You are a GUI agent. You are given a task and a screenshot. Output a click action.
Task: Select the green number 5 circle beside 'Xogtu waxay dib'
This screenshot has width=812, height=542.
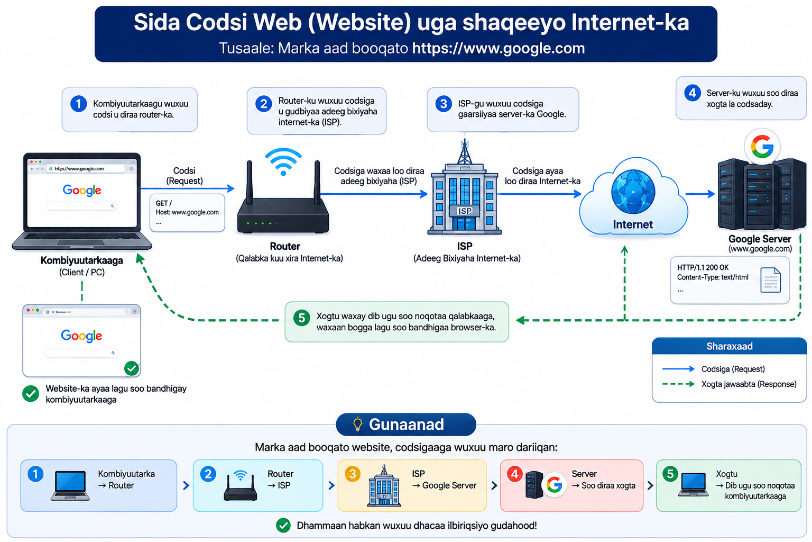tap(301, 318)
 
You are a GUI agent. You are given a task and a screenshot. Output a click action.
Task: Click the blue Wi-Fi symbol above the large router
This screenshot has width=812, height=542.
tap(283, 161)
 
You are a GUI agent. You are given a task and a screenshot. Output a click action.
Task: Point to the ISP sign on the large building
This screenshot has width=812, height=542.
tap(464, 211)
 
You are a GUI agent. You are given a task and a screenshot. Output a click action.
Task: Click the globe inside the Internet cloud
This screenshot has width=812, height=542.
tap(633, 192)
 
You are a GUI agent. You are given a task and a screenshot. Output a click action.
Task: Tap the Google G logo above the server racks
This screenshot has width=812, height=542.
tap(762, 147)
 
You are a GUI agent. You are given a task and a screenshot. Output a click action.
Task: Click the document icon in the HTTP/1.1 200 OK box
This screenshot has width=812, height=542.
tap(770, 279)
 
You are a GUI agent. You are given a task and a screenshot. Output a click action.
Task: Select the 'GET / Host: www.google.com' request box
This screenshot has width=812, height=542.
tap(187, 213)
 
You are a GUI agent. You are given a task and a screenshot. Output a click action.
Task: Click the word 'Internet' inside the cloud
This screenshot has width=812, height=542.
tap(633, 224)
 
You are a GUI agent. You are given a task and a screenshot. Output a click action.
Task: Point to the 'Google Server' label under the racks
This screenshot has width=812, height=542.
tap(760, 239)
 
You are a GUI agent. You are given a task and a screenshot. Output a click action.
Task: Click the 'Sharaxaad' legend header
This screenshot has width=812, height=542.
tap(729, 346)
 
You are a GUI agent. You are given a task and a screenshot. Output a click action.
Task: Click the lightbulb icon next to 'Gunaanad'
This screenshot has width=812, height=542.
tap(357, 424)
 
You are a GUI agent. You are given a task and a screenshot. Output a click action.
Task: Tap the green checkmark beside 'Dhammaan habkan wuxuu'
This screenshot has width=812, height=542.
tap(283, 525)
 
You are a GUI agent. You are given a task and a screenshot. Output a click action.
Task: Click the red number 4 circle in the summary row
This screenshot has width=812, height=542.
tap(515, 474)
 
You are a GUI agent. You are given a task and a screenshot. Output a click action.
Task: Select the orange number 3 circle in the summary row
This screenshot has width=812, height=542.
tap(353, 474)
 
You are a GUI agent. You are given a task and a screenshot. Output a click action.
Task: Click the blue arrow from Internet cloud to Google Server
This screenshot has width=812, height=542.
tap(699, 194)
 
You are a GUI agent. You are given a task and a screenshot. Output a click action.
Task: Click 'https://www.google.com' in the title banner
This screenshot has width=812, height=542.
tap(499, 48)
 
